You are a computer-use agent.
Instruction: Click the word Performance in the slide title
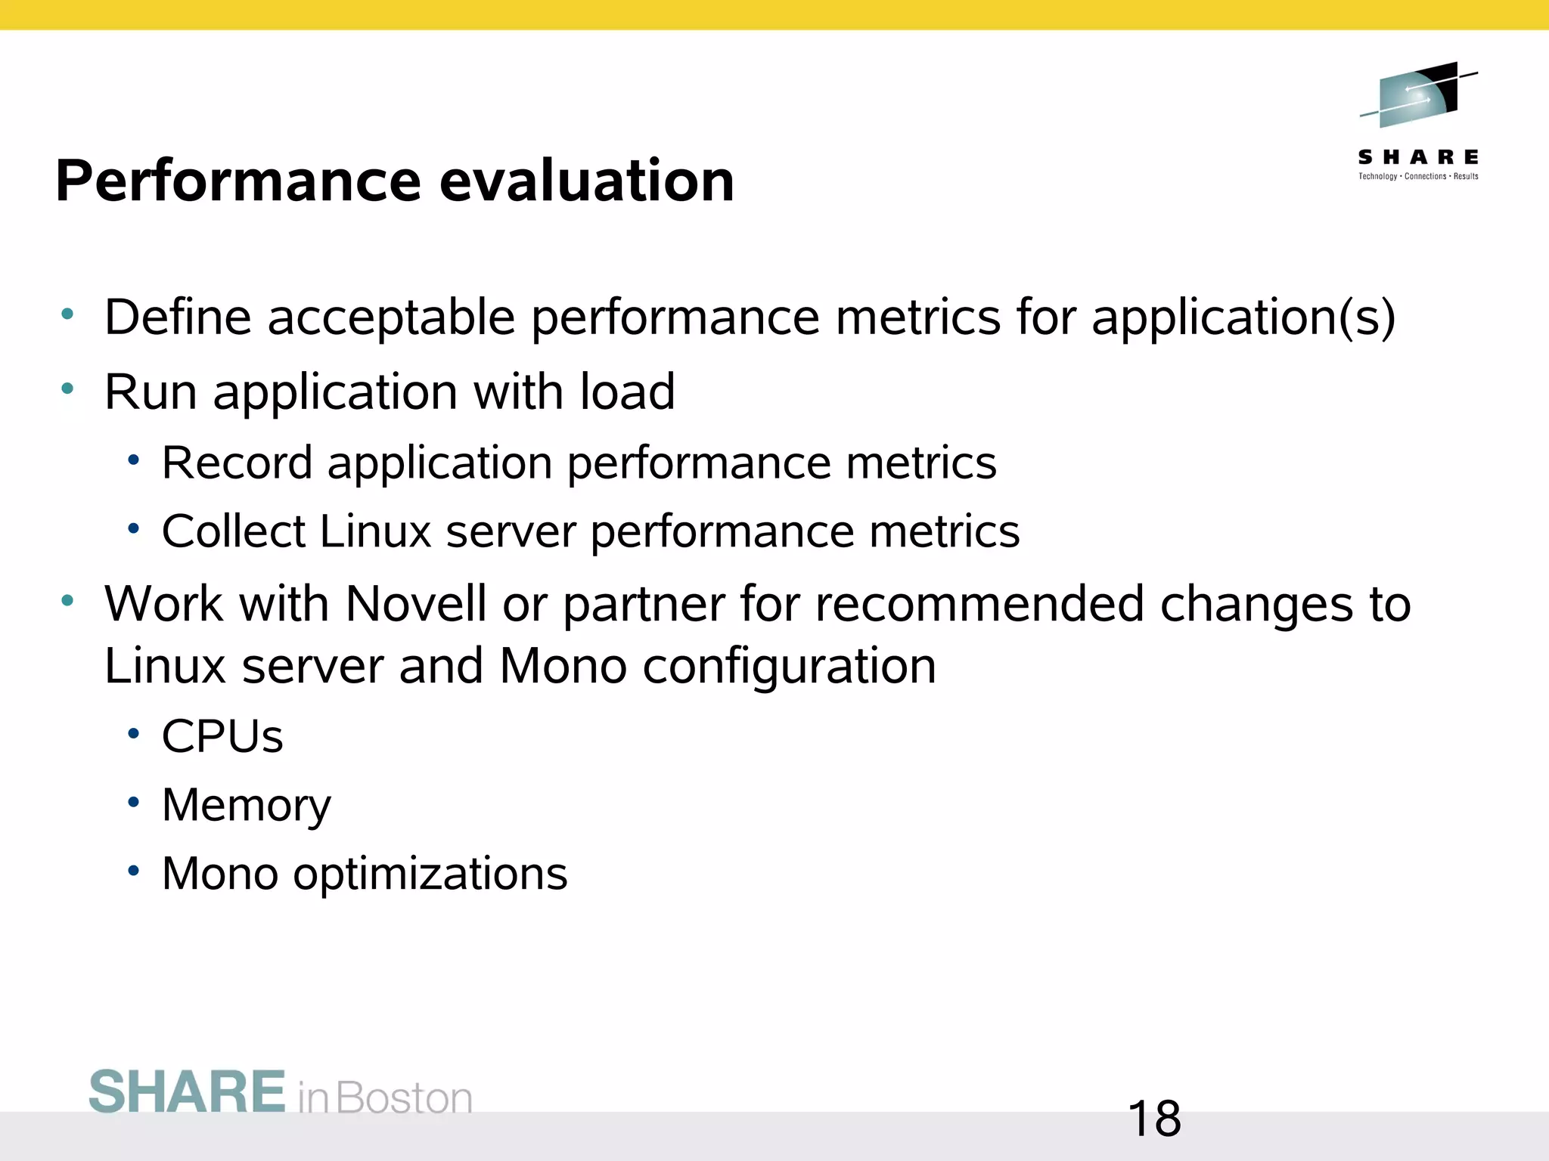[x=237, y=181]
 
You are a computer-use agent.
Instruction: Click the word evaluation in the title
[x=587, y=181]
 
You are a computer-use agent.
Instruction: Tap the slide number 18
[x=1154, y=1119]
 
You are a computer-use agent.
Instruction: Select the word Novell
[x=415, y=604]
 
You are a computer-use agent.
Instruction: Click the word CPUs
[x=222, y=736]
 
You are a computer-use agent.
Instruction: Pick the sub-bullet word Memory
[x=247, y=806]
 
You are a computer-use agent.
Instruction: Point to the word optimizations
[x=430, y=875]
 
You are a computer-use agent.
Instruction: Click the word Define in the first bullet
[x=177, y=317]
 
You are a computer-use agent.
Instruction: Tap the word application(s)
[x=1243, y=318]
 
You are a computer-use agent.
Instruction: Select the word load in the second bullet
[x=627, y=392]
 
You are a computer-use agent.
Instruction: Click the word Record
[x=237, y=463]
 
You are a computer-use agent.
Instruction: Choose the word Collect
[x=234, y=531]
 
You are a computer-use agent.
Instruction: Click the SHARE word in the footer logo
[x=187, y=1092]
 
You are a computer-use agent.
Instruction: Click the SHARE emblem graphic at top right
[x=1418, y=94]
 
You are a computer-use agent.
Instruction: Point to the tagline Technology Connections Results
[x=1418, y=176]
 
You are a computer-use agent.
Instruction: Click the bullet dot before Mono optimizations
[x=134, y=872]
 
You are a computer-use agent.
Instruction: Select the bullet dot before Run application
[x=68, y=389]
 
